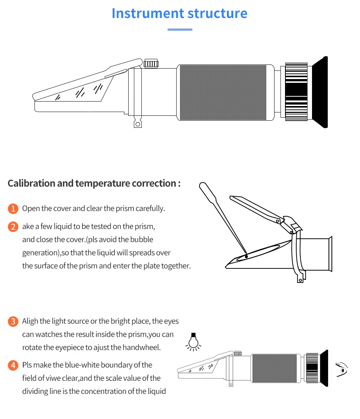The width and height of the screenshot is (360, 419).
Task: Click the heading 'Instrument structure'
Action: [179, 13]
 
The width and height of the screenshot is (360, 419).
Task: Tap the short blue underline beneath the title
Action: [180, 30]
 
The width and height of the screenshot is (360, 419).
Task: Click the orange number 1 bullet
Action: [13, 209]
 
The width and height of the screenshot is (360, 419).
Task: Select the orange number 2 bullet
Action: [13, 227]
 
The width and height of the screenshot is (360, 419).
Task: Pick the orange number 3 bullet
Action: [13, 322]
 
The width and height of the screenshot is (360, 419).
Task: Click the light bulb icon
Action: [193, 341]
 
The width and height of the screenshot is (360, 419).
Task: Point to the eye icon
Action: [342, 369]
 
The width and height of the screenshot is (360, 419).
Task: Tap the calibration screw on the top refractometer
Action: [151, 63]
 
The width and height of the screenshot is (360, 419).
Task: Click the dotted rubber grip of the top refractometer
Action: [223, 93]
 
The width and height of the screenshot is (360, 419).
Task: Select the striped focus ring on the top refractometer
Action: [296, 92]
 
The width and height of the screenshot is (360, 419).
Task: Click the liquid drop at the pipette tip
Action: [246, 256]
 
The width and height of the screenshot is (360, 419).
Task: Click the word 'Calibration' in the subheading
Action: [31, 184]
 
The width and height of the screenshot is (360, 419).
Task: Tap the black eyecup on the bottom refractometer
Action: [325, 368]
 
